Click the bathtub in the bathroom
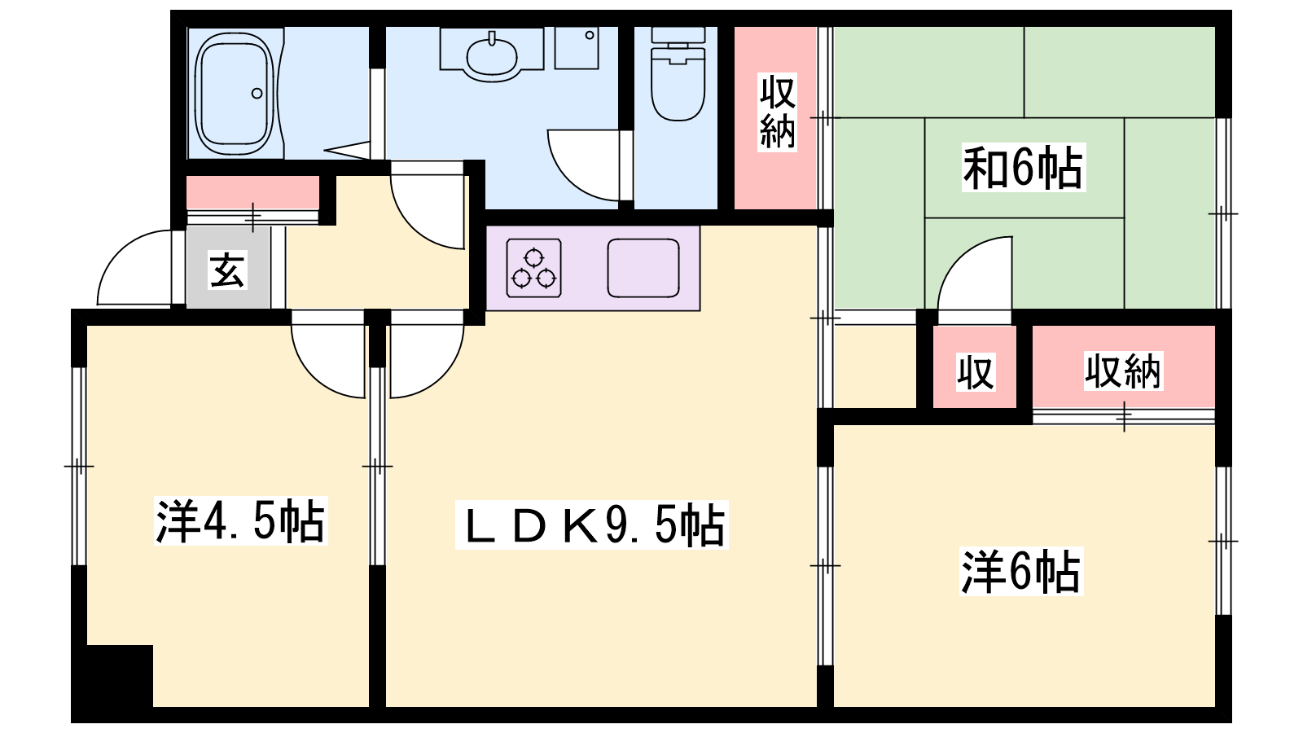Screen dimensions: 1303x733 click(235, 93)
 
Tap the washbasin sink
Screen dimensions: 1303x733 click(492, 56)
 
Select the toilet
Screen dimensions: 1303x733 click(678, 73)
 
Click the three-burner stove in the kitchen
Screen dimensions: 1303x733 click(534, 268)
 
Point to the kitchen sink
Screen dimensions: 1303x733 click(643, 268)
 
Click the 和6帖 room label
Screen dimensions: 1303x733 click(1023, 168)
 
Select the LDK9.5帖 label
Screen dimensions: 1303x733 click(591, 525)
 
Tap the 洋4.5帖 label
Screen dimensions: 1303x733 click(241, 520)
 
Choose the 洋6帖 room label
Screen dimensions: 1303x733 click(1021, 571)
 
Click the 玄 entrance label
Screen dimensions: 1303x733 click(227, 270)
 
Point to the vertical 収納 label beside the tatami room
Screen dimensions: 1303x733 click(777, 112)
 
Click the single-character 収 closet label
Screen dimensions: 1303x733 click(976, 372)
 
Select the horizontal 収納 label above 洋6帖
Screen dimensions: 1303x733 click(1123, 371)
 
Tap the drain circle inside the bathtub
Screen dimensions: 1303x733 click(257, 93)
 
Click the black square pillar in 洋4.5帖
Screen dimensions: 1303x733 click(120, 676)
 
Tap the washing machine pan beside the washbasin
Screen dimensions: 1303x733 click(577, 48)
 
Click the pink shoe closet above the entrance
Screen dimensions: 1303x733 click(252, 192)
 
